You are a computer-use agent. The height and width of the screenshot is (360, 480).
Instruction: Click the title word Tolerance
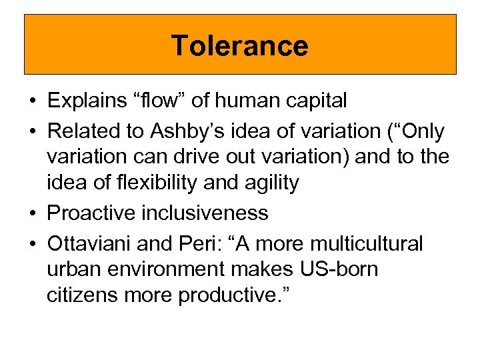point(240,46)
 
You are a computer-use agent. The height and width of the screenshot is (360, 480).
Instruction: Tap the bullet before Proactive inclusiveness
point(32,214)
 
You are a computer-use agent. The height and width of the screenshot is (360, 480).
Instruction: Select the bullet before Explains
point(32,101)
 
